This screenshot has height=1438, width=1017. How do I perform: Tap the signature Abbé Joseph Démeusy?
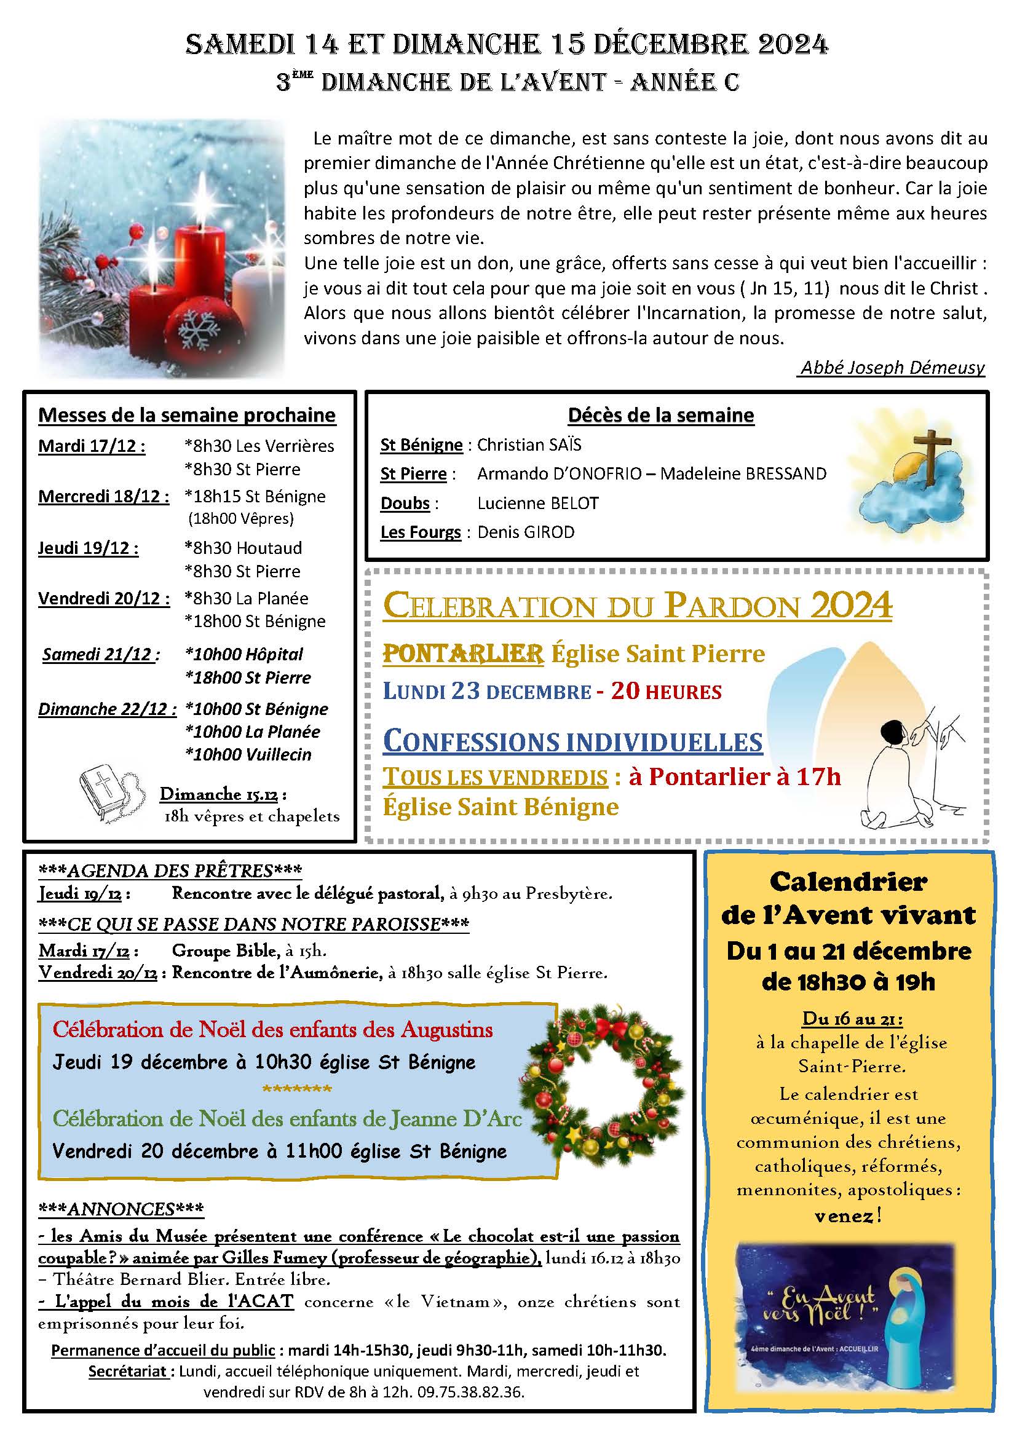892,368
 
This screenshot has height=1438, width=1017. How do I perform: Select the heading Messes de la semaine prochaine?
187,415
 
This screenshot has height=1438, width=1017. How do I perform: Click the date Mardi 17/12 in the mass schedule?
92,446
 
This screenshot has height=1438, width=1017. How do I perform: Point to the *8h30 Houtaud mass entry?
243,548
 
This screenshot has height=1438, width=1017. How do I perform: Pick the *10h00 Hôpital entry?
243,655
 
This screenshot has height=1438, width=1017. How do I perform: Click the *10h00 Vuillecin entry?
248,755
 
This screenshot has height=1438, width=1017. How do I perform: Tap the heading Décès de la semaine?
660,415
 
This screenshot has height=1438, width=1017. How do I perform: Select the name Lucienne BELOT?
537,503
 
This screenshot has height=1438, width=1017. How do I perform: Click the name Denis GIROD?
525,532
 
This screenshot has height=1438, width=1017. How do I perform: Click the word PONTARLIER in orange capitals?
463,655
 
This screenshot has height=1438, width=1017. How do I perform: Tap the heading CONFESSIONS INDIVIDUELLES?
572,741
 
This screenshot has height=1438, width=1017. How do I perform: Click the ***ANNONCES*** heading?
121,1209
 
